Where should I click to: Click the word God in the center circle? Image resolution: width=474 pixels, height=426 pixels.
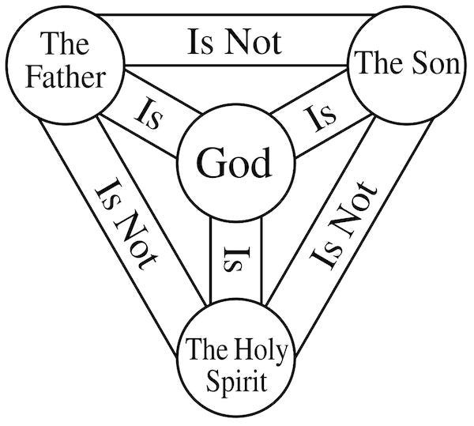click(x=234, y=164)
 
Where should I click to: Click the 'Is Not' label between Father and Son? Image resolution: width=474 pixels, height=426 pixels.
click(x=234, y=40)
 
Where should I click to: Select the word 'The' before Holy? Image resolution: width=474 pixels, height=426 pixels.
click(x=206, y=349)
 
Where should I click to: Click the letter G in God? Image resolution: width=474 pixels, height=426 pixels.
click(x=208, y=164)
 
